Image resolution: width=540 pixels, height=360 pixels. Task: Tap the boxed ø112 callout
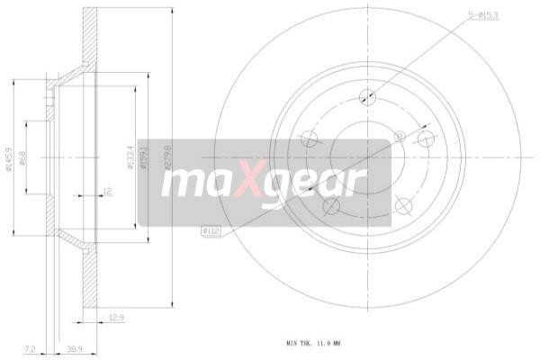(211, 231)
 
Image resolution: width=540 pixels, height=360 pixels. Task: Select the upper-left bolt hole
(309, 139)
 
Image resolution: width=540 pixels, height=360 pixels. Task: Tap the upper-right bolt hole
(427, 139)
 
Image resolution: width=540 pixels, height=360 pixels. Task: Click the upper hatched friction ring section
(89, 36)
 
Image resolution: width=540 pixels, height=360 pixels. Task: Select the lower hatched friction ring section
(89, 279)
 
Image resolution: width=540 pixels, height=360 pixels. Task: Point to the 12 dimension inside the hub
(106, 191)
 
